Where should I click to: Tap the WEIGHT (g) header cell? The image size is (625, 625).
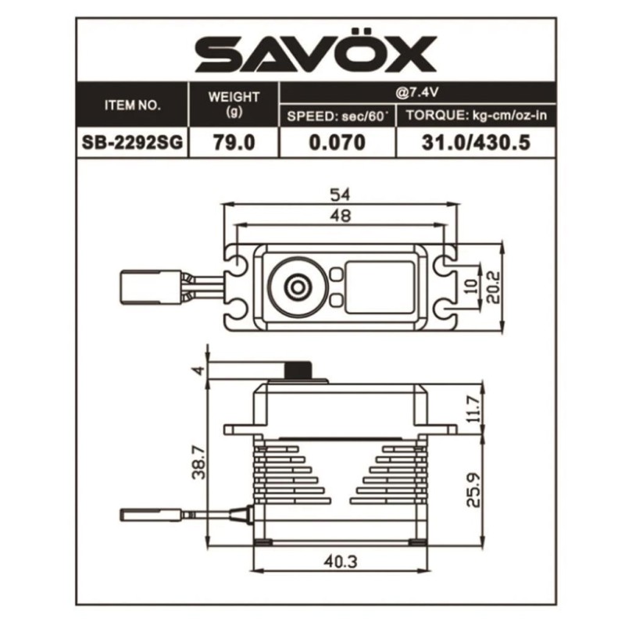[234, 104]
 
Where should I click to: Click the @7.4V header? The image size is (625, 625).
[417, 92]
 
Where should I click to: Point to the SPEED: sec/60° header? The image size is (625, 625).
[337, 116]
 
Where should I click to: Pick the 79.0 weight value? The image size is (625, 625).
[234, 143]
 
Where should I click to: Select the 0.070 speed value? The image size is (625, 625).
[337, 143]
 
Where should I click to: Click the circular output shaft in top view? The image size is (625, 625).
[298, 286]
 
